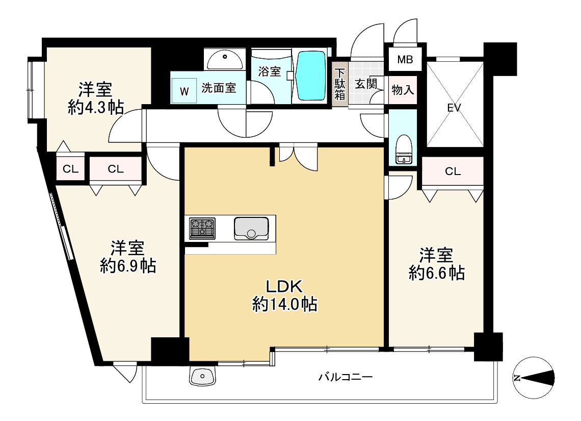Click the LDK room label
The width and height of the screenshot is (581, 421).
(284, 286)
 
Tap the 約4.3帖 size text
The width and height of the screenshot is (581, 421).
(96, 108)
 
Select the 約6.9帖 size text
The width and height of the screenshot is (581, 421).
(128, 266)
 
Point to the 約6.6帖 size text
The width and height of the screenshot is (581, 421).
(436, 273)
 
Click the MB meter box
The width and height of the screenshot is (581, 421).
(405, 59)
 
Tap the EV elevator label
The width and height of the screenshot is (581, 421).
(454, 108)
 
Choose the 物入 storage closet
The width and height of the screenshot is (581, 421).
(403, 90)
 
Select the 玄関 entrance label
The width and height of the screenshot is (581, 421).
(366, 84)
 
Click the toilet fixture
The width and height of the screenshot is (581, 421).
(403, 149)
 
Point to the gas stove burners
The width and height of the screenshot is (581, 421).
(202, 228)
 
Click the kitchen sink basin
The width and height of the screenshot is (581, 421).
(251, 228)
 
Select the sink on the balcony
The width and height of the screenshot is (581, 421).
(203, 377)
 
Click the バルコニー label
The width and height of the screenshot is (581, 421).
(346, 378)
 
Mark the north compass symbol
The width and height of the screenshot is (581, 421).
(534, 378)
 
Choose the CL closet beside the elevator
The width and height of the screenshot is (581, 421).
(453, 171)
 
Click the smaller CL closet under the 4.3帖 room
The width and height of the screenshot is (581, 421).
(70, 169)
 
